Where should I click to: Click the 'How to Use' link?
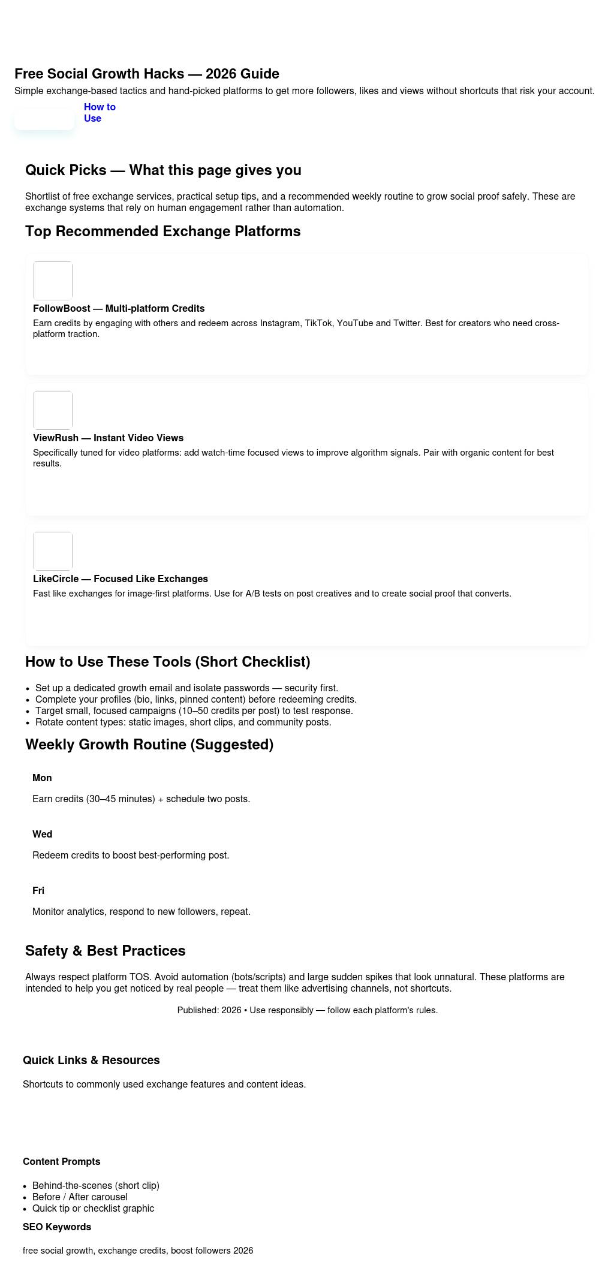100,113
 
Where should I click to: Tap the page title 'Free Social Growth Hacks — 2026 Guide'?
147,74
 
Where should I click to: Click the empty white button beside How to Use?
44,119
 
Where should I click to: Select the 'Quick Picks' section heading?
163,170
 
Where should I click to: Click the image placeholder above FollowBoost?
53,281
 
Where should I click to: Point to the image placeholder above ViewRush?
53,410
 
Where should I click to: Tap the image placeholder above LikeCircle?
53,551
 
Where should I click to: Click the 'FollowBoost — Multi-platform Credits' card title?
119,308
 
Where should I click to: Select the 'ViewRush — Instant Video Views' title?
108,438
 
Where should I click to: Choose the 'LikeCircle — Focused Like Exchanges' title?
121,579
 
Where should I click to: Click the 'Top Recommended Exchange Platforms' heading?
163,231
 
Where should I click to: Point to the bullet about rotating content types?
183,722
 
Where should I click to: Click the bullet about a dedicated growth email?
186,688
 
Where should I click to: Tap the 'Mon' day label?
42,778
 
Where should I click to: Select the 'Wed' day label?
43,834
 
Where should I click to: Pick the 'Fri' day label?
38,890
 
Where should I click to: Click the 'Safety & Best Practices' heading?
106,951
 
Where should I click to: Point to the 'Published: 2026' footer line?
307,1010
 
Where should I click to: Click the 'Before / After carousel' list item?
80,1197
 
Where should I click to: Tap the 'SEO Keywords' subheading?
57,1227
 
